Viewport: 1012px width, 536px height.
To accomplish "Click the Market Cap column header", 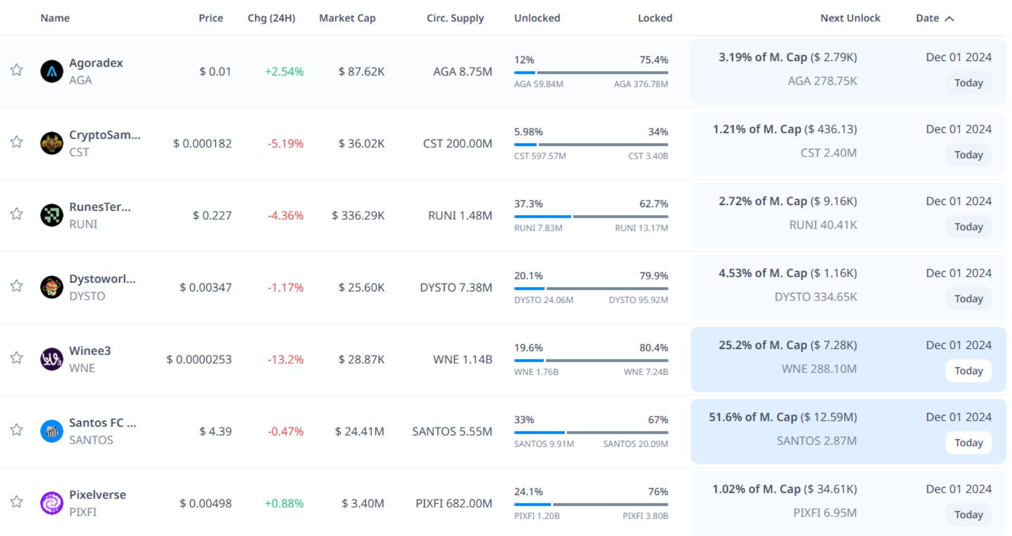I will point(347,18).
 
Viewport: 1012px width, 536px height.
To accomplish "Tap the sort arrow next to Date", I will point(949,18).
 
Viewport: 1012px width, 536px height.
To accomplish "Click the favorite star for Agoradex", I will point(17,70).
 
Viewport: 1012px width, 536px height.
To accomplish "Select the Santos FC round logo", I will point(52,431).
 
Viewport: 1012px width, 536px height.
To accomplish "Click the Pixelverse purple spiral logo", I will point(52,503).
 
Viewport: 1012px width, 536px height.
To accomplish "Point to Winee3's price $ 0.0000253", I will point(199,359).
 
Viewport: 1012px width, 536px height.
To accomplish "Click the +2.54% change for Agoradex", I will point(284,72).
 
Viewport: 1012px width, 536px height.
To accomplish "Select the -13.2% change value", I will point(285,359).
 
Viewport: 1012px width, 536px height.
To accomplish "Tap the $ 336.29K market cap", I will point(358,216).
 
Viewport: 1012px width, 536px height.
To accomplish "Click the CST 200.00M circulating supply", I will point(457,143).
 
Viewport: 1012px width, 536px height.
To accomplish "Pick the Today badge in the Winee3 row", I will point(968,371).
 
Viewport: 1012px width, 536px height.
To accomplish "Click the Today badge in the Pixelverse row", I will point(968,514).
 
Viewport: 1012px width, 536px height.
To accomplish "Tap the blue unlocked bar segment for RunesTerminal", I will point(542,217).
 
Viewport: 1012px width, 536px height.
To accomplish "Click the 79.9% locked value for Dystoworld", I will point(654,276).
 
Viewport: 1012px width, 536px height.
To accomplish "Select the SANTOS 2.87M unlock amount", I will point(816,441).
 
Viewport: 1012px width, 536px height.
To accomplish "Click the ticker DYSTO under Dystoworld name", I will point(87,296).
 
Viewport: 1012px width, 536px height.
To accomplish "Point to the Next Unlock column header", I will point(850,18).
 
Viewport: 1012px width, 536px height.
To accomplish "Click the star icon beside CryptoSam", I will point(17,142).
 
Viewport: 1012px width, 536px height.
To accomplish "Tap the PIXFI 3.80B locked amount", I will point(645,516).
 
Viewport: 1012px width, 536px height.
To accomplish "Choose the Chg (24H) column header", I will point(271,18).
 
